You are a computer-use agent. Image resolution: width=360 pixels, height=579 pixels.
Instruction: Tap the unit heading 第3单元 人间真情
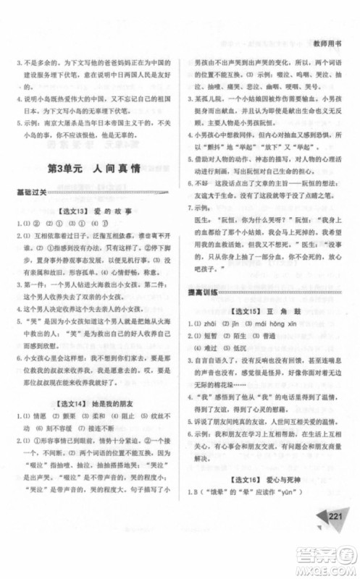(95, 171)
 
